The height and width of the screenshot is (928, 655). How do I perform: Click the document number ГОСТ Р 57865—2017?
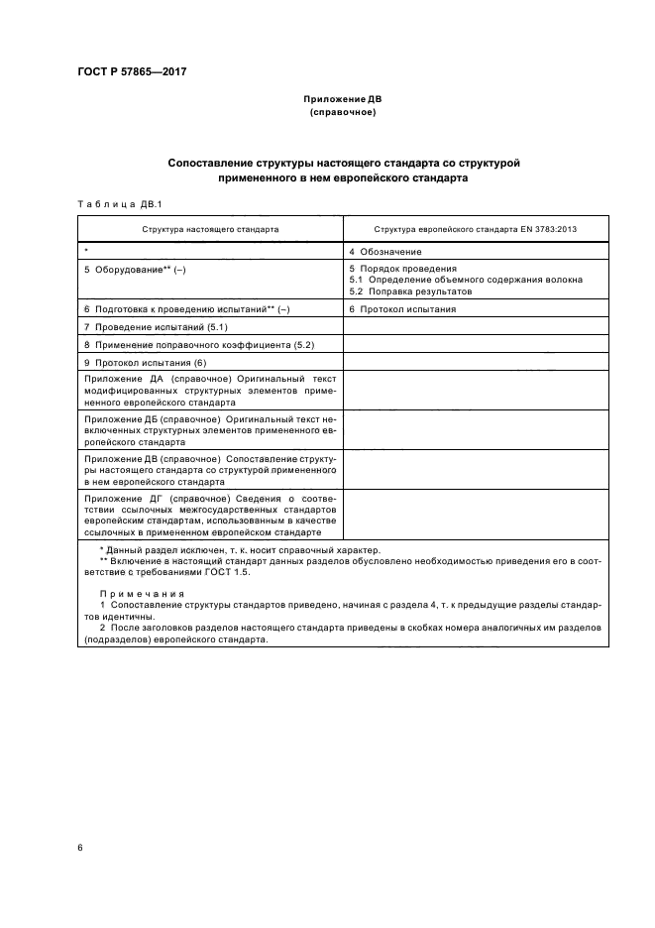[132, 73]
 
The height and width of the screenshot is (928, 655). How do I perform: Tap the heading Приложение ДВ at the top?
[343, 99]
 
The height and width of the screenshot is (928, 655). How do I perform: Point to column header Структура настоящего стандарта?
[210, 229]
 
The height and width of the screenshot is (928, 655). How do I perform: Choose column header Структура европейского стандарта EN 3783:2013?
[476, 229]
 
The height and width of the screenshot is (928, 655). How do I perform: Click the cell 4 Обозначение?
[385, 252]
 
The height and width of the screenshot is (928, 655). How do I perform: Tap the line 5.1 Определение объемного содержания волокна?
[466, 281]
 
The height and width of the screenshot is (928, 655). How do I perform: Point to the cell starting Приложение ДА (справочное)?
[210, 391]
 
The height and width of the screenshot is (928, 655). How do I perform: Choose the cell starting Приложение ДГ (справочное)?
[210, 514]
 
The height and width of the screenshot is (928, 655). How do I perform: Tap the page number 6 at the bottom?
[80, 848]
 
